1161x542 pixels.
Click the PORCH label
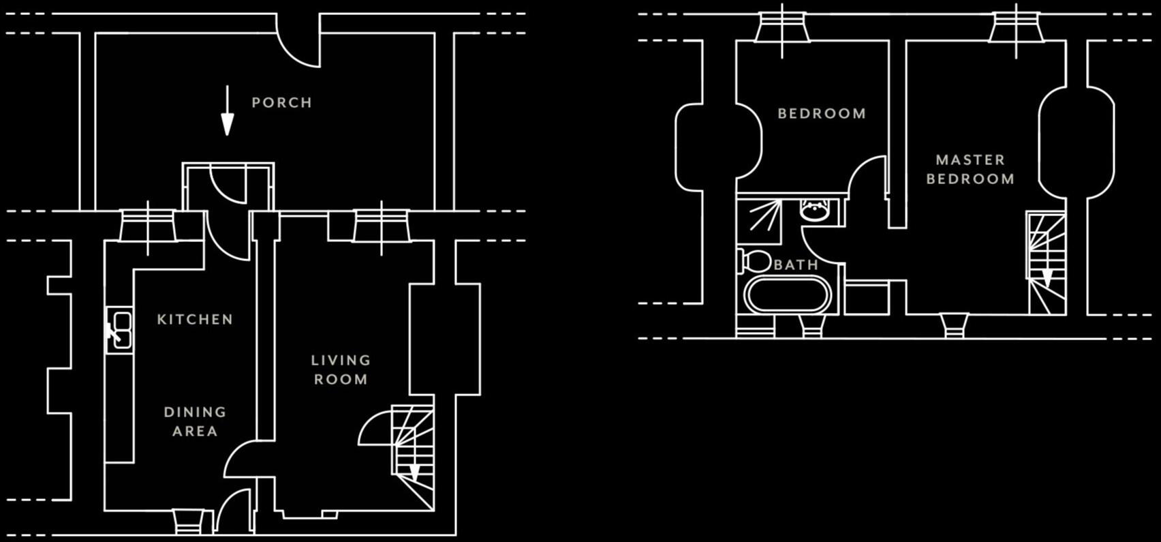282,103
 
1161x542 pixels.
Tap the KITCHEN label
195,320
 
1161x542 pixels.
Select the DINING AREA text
195,422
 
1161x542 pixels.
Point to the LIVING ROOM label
341,370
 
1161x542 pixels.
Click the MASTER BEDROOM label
970,170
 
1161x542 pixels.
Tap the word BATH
796,265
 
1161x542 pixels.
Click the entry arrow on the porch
227,110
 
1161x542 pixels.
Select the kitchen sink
120,331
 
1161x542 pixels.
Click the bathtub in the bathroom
788,295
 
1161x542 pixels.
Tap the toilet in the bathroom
754,261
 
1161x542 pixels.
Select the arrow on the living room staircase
414,471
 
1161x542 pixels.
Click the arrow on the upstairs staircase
1047,277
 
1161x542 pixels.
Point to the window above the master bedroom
1016,28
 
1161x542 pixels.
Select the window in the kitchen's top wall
148,226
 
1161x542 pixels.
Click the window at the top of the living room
382,226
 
